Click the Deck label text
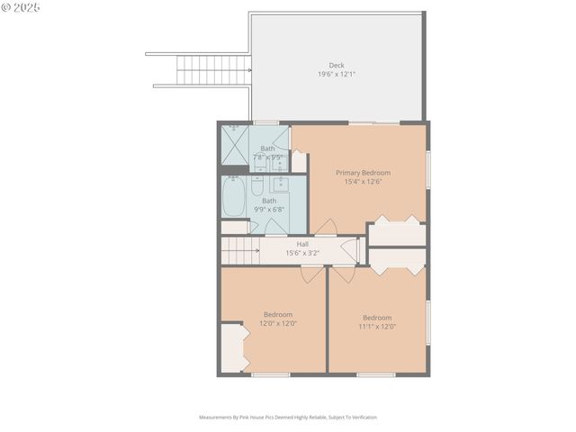point(336,65)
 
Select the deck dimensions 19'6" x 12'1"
point(336,73)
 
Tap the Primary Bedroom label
point(363,172)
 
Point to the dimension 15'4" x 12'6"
point(363,181)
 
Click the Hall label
point(302,244)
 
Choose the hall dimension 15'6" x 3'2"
point(302,253)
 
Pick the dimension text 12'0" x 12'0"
point(277,323)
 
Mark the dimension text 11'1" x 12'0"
point(377,326)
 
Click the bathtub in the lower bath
point(233,197)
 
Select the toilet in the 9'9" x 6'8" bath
point(256,189)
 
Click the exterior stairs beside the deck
point(199,69)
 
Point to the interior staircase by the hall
point(238,251)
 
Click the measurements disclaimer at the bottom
point(288,418)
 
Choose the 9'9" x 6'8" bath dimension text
point(269,209)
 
